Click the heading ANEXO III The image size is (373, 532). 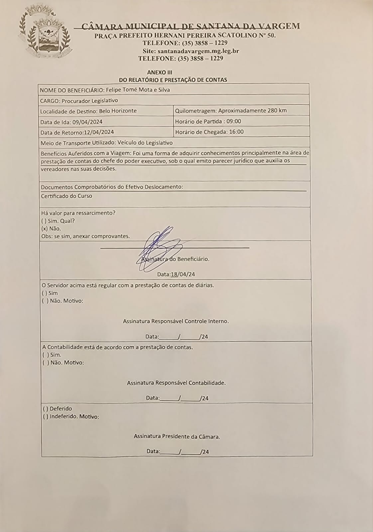[160, 72]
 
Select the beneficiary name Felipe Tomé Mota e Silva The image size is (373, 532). [138, 90]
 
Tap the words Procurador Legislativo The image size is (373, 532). [90, 100]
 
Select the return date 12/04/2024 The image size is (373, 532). [99, 132]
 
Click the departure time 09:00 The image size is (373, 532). [234, 121]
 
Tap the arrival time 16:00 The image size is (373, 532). [236, 132]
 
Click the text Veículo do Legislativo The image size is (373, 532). [145, 143]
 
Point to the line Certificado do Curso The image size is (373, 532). [66, 196]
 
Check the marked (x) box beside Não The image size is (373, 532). [44, 228]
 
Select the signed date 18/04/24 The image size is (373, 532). [183, 274]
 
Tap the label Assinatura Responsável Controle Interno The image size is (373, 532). [176, 321]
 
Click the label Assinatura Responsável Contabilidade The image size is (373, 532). [176, 383]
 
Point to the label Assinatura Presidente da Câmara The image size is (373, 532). [177, 436]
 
